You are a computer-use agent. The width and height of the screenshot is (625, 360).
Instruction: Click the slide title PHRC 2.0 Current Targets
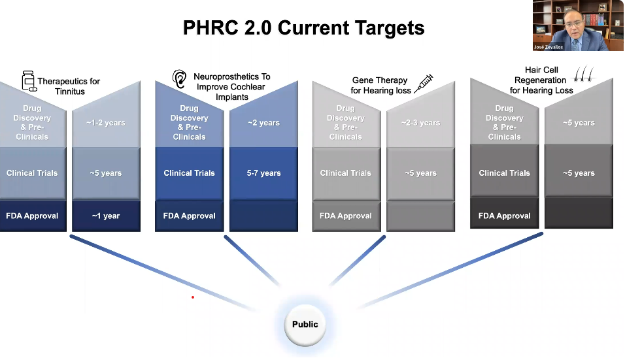[x=303, y=28]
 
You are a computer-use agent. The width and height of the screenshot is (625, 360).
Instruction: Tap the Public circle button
[x=305, y=325]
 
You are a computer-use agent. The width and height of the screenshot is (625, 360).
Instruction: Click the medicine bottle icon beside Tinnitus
[x=29, y=81]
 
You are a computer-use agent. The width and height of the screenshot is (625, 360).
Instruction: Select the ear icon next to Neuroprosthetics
[x=179, y=78]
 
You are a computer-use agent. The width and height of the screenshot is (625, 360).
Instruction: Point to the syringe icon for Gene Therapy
[x=424, y=83]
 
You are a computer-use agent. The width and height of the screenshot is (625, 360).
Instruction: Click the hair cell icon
[x=584, y=74]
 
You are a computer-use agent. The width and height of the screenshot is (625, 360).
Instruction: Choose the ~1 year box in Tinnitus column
[x=106, y=216]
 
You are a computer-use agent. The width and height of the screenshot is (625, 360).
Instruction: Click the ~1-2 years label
[x=106, y=123]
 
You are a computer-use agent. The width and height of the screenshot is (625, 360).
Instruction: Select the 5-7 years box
[x=263, y=173]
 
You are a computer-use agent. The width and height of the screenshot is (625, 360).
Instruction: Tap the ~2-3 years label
[x=420, y=123]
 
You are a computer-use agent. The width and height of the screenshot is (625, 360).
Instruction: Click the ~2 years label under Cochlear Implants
[x=263, y=123]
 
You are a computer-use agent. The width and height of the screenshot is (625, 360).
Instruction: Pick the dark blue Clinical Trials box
[x=190, y=173]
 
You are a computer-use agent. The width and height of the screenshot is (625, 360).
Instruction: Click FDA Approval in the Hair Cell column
[x=504, y=216]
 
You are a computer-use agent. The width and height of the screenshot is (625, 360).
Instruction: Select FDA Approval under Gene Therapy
[x=346, y=216]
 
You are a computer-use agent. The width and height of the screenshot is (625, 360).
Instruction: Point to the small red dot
[x=193, y=297]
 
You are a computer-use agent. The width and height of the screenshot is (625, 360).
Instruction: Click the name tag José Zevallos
[x=549, y=47]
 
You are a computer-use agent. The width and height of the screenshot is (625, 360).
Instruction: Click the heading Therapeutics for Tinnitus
[x=69, y=86]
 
